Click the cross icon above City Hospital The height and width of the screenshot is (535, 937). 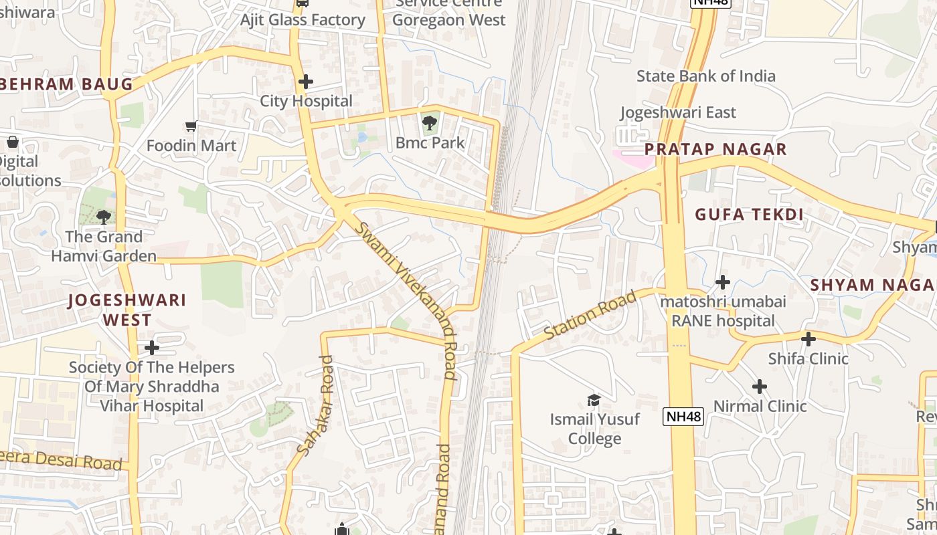pyautogui.click(x=305, y=82)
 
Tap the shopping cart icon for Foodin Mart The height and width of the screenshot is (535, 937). pyautogui.click(x=191, y=126)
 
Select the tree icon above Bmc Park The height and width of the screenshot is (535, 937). pyautogui.click(x=429, y=122)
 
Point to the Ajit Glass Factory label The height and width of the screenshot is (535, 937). pyautogui.click(x=303, y=20)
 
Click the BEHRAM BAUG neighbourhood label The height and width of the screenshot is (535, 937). pyautogui.click(x=67, y=84)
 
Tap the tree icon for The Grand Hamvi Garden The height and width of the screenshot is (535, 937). pyautogui.click(x=103, y=217)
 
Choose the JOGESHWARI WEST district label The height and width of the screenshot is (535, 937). pyautogui.click(x=127, y=310)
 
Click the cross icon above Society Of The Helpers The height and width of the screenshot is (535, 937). pyautogui.click(x=152, y=348)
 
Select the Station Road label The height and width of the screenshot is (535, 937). pyautogui.click(x=590, y=316)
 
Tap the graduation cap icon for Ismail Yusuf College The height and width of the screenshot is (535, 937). pyautogui.click(x=594, y=400)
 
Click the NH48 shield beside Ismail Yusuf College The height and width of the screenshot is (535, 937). pyautogui.click(x=684, y=417)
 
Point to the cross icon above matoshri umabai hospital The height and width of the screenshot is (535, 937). pyautogui.click(x=722, y=282)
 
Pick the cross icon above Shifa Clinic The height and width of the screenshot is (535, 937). pyautogui.click(x=808, y=339)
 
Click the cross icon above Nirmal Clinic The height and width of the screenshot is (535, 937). pyautogui.click(x=759, y=387)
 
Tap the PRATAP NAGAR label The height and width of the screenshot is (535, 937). pyautogui.click(x=715, y=149)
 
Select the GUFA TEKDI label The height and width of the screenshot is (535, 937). pyautogui.click(x=748, y=215)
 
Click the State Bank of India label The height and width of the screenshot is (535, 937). pyautogui.click(x=705, y=76)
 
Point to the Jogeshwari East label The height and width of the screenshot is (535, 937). pyautogui.click(x=678, y=112)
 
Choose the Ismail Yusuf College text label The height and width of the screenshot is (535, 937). pyautogui.click(x=595, y=429)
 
